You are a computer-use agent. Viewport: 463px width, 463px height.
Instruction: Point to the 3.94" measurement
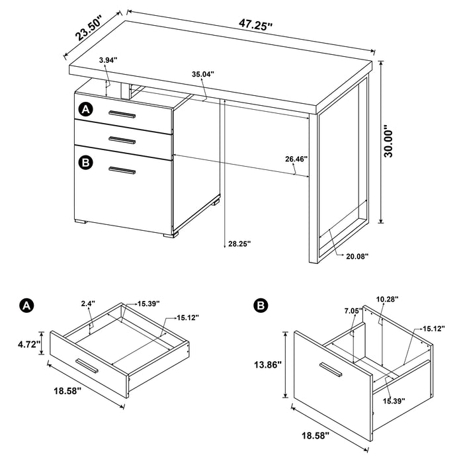(x=108, y=60)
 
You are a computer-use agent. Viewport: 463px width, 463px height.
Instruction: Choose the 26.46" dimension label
(x=296, y=159)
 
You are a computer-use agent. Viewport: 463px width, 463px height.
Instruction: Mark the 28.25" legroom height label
(x=239, y=243)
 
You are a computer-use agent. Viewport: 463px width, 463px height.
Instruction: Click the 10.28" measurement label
(x=389, y=300)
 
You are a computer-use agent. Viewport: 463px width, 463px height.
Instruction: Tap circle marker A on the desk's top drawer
(x=85, y=108)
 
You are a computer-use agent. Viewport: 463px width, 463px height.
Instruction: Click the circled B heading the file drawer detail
(x=261, y=305)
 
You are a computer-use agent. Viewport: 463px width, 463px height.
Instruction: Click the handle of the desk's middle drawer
(x=122, y=139)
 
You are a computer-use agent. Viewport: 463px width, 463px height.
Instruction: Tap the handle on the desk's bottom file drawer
(x=122, y=171)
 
